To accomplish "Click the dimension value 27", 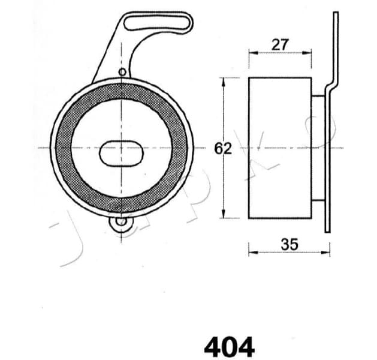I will tap(281, 44).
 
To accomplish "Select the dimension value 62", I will tap(223, 148).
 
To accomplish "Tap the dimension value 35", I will tap(289, 244).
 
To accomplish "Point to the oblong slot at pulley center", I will tap(122, 153).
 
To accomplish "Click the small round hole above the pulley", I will tap(122, 73).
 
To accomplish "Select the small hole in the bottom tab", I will tap(122, 223).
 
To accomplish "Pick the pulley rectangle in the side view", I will tap(279, 148).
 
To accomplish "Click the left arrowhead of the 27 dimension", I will tap(251, 52).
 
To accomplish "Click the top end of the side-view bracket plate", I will tap(335, 14).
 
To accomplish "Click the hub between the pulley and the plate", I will tap(318, 148).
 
